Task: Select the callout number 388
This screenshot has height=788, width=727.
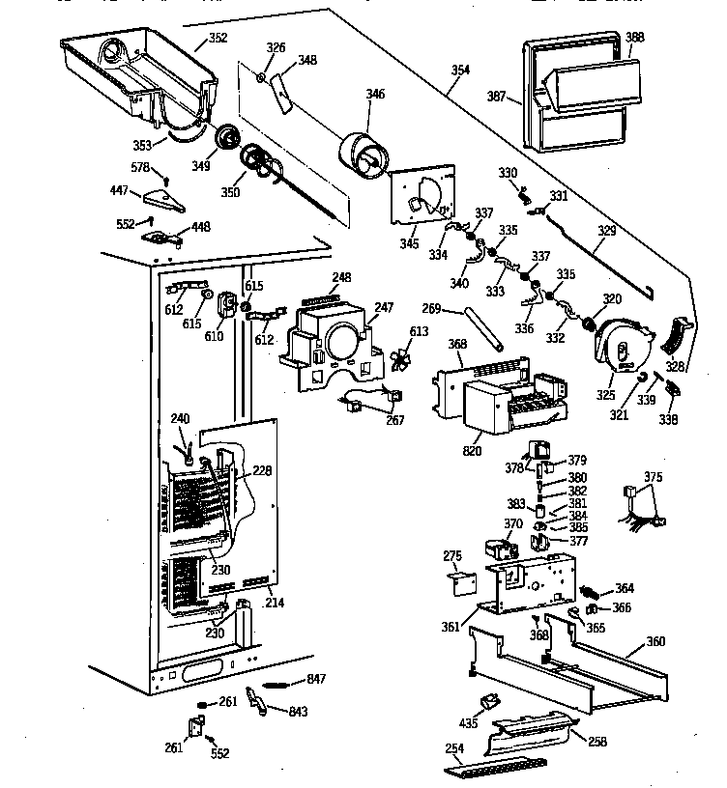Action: tap(633, 38)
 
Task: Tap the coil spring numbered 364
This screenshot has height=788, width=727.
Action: tap(591, 590)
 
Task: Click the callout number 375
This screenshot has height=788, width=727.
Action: tap(653, 477)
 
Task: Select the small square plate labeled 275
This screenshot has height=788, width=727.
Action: tap(462, 580)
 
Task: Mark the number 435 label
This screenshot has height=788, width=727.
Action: tap(469, 721)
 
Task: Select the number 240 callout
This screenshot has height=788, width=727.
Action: tap(180, 418)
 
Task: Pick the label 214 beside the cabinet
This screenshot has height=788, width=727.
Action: tap(275, 603)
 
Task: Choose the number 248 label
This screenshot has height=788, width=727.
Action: tap(340, 278)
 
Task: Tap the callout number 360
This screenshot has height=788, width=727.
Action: tap(655, 642)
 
